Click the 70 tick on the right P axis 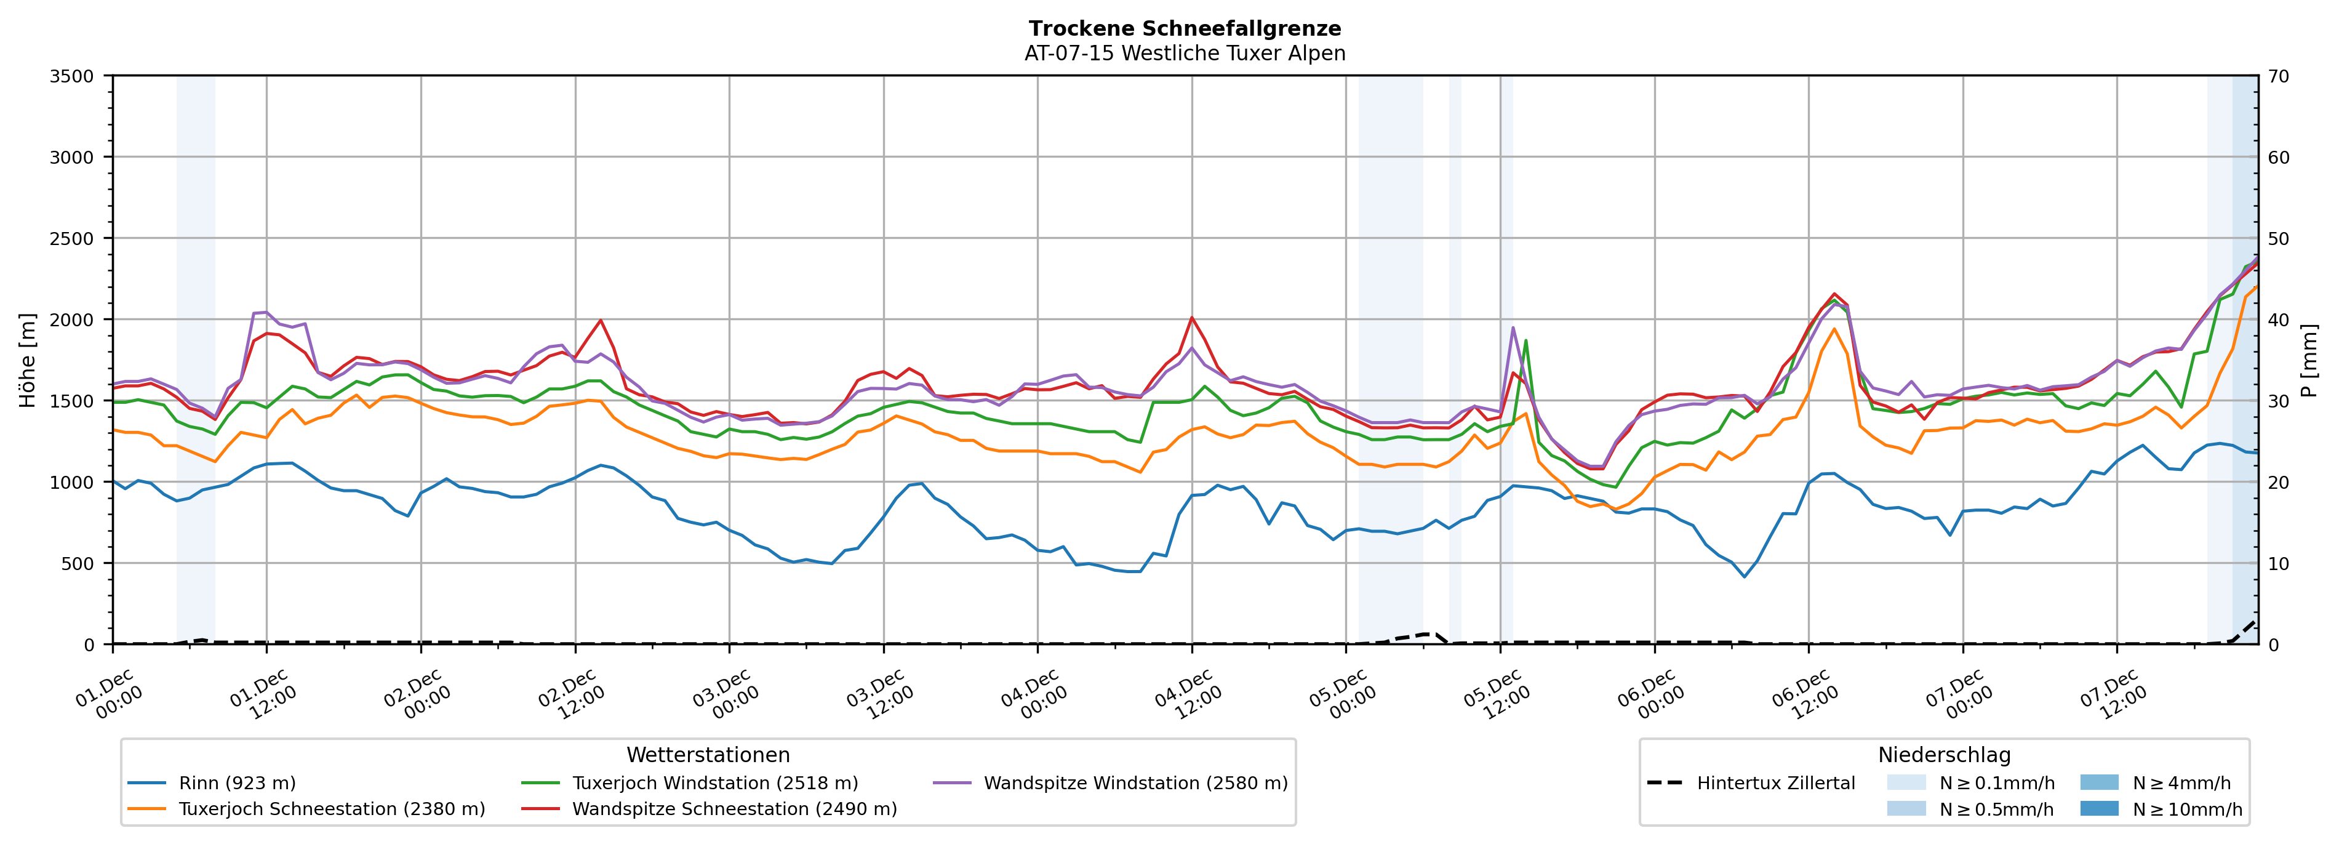[x=2278, y=76]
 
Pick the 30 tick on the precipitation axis [x=2278, y=401]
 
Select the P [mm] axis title [x=2309, y=361]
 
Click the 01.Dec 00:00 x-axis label [x=109, y=696]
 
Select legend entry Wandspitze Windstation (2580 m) [x=1135, y=783]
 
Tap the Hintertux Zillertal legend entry [x=1775, y=783]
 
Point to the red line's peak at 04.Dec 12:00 [x=1191, y=318]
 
